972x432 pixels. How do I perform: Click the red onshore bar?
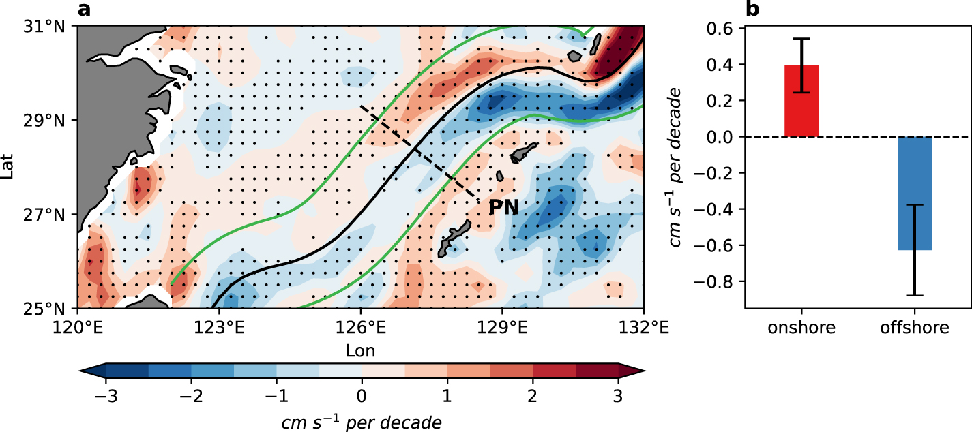pos(801,101)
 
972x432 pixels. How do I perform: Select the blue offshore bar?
pos(914,194)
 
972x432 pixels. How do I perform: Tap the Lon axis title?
pos(360,350)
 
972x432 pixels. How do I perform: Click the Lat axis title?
pos(8,168)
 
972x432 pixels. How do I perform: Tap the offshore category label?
pos(914,328)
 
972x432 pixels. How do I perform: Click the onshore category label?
pos(801,328)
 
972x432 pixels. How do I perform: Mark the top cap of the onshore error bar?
pos(801,39)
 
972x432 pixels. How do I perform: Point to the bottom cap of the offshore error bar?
pos(914,295)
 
